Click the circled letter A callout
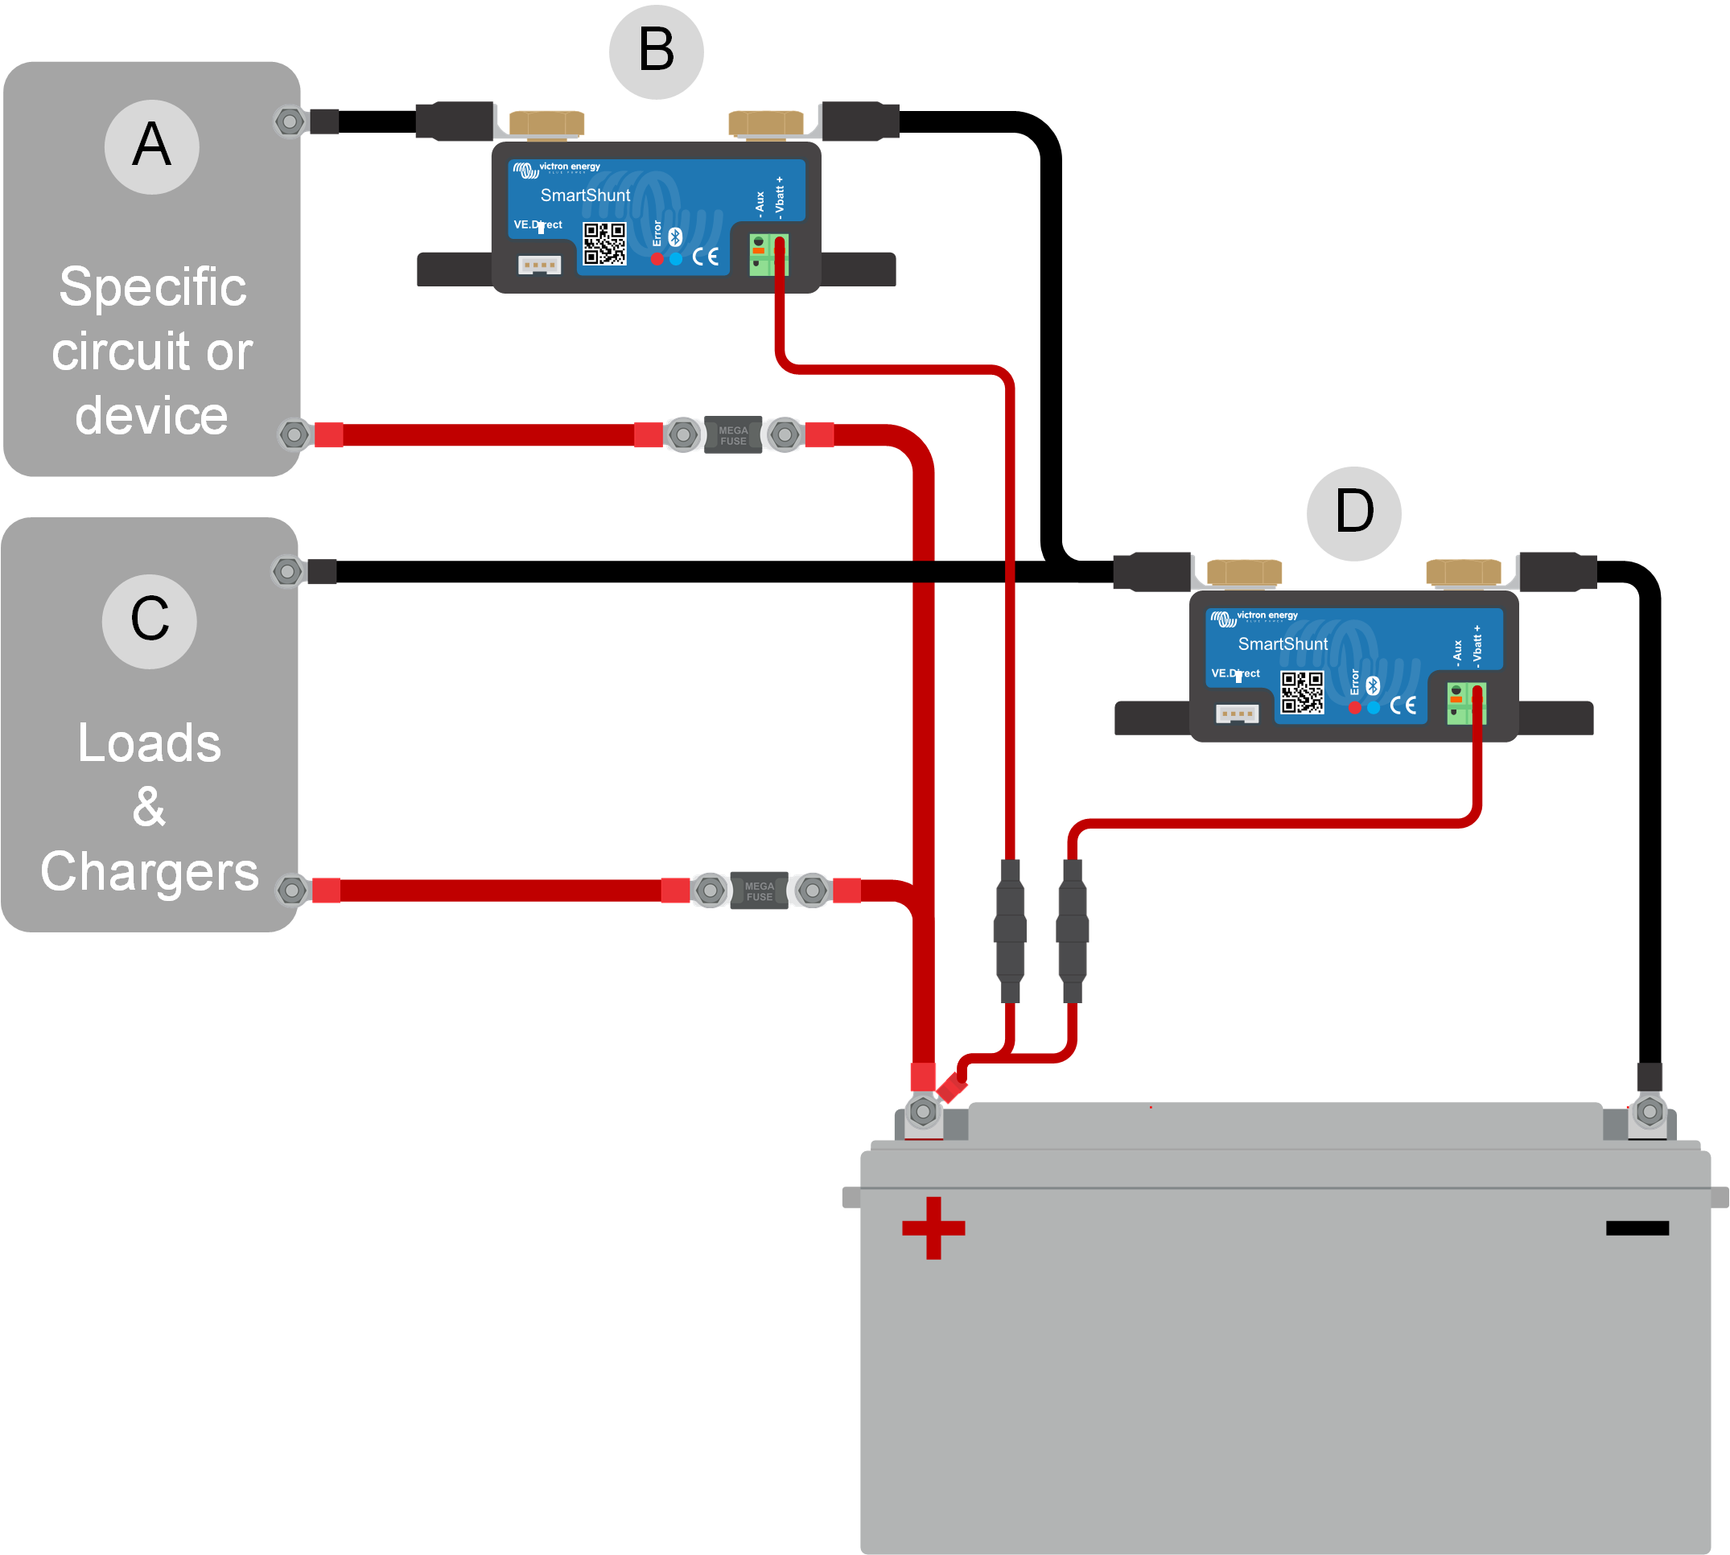pyautogui.click(x=152, y=147)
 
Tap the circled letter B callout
pyautogui.click(x=657, y=51)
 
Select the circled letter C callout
pyautogui.click(x=150, y=621)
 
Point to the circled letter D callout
pyautogui.click(x=1354, y=512)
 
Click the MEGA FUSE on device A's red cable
pyautogui.click(x=733, y=435)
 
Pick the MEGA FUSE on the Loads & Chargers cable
pyautogui.click(x=759, y=891)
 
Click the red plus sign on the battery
pyautogui.click(x=933, y=1228)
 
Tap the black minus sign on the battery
pyautogui.click(x=1637, y=1228)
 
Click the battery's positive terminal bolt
pyautogui.click(x=923, y=1112)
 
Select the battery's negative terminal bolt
pyautogui.click(x=1650, y=1112)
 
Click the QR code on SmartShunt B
pyautogui.click(x=604, y=245)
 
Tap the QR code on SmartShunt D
pyautogui.click(x=1302, y=692)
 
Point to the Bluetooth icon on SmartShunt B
pyautogui.click(x=675, y=237)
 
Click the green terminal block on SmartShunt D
pyautogui.click(x=1467, y=703)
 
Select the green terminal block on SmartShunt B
pyautogui.click(x=768, y=255)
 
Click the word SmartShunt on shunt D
pyautogui.click(x=1283, y=644)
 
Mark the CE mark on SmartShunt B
pyautogui.click(x=705, y=257)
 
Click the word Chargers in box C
pyautogui.click(x=150, y=871)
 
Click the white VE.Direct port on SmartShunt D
pyautogui.click(x=1237, y=713)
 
